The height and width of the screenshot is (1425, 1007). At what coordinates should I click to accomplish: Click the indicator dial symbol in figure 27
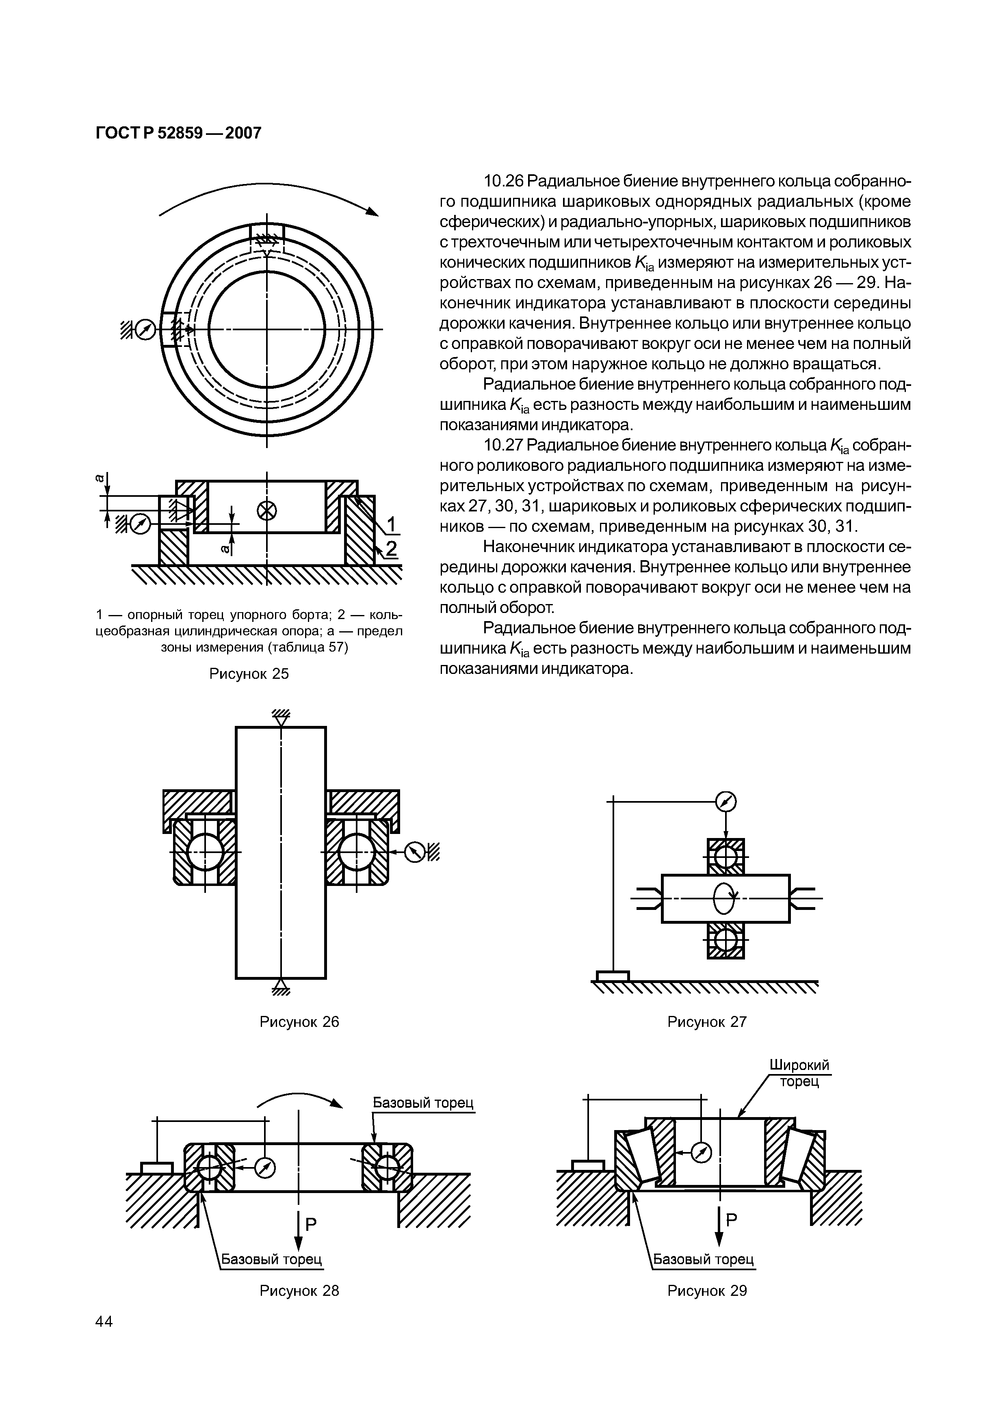tap(725, 803)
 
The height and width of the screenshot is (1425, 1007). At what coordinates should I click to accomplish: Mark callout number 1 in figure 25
tap(392, 524)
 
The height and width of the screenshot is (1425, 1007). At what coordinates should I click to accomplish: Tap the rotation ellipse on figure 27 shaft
tap(724, 898)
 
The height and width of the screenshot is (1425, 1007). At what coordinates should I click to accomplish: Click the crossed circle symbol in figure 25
tap(267, 510)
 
